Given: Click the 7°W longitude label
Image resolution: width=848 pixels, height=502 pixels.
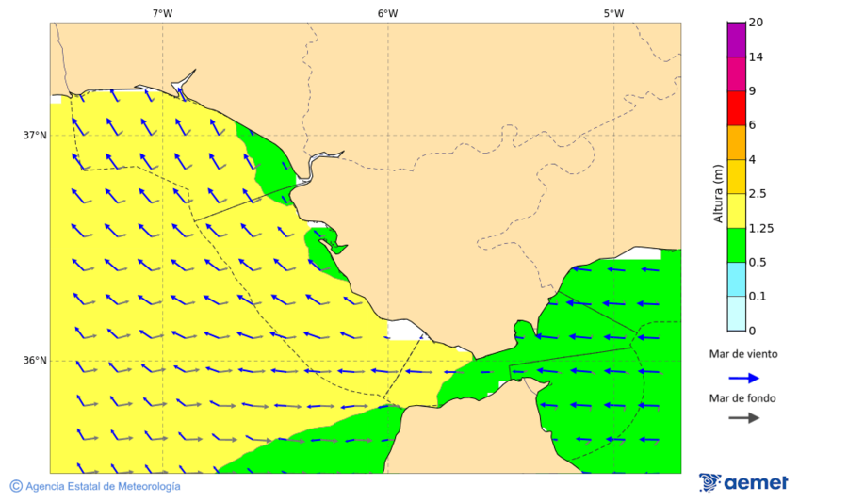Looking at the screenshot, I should pyautogui.click(x=162, y=13).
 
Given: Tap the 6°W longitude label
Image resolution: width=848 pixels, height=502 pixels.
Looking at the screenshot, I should pyautogui.click(x=387, y=13).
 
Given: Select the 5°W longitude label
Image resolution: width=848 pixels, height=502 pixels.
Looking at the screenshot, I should pyautogui.click(x=613, y=13).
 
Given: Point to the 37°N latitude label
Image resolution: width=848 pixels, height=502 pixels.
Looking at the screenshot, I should pyautogui.click(x=35, y=135).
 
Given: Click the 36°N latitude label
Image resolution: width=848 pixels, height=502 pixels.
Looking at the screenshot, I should pyautogui.click(x=35, y=361).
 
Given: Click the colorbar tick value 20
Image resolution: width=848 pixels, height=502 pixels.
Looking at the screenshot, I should pyautogui.click(x=756, y=23).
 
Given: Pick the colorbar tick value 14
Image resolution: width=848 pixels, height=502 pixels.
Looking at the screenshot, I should pyautogui.click(x=756, y=57).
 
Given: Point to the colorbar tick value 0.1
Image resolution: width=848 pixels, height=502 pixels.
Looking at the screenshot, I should pyautogui.click(x=758, y=297).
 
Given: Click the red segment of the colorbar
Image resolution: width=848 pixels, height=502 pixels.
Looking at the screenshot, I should pyautogui.click(x=736, y=108).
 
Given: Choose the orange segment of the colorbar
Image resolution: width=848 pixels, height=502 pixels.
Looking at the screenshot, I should pyautogui.click(x=736, y=142).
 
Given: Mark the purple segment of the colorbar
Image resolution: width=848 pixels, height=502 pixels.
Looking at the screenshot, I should pyautogui.click(x=736, y=40).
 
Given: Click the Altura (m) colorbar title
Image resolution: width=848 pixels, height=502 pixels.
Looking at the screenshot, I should pyautogui.click(x=718, y=193).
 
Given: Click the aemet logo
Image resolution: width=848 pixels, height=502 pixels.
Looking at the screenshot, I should pyautogui.click(x=743, y=482).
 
